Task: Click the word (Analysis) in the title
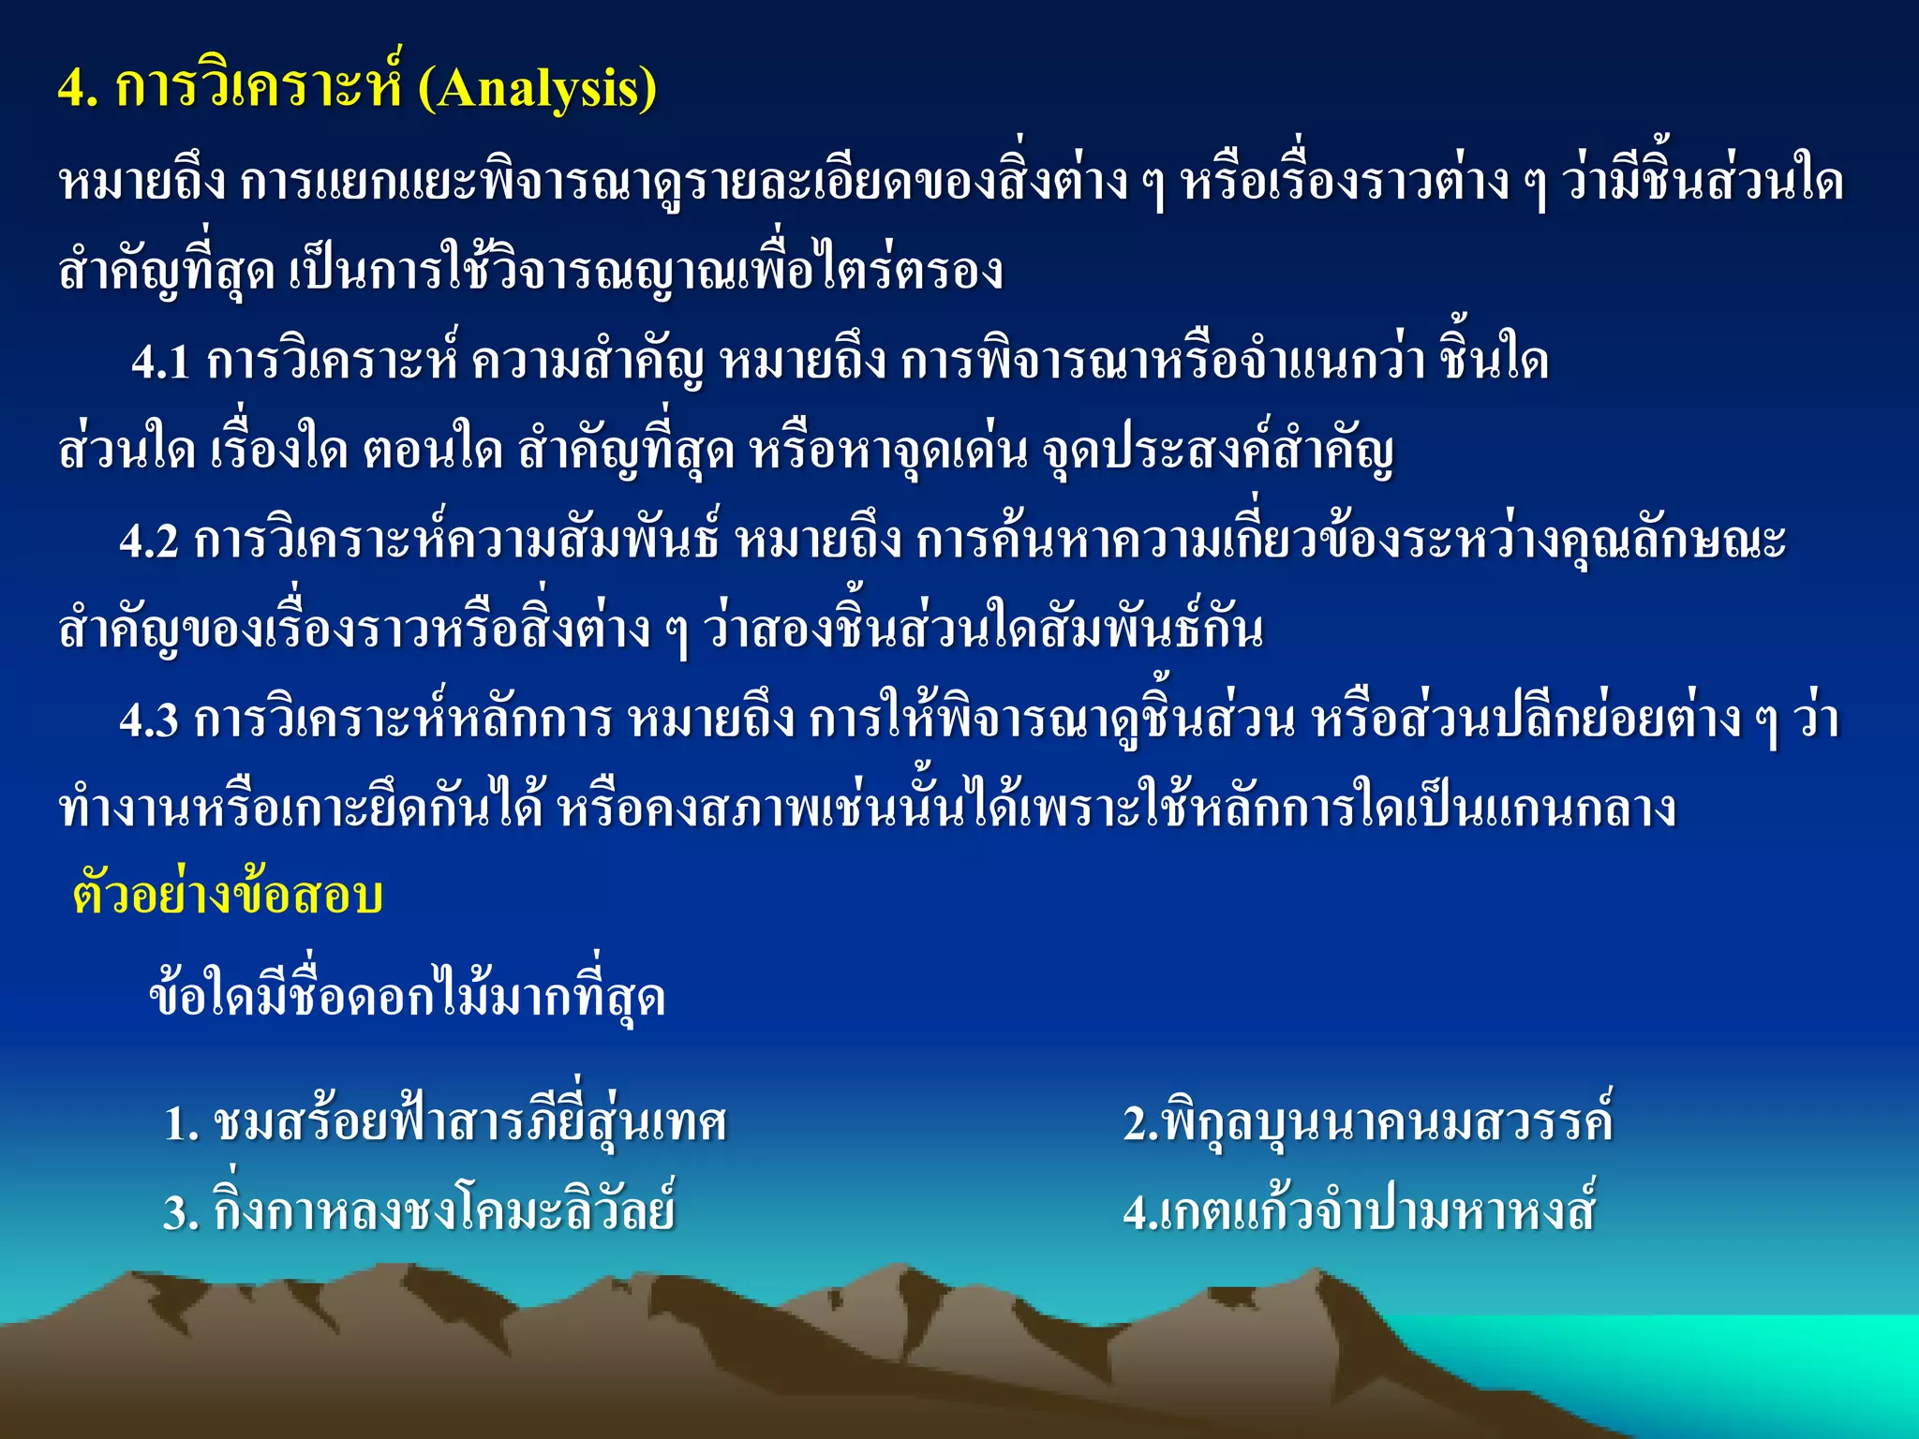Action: coord(537,90)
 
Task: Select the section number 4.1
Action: coord(161,362)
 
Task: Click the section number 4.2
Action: coord(149,541)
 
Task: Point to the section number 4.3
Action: coord(149,720)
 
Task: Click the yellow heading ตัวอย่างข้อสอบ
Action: coord(228,896)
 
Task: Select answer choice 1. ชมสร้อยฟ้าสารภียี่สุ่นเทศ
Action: coord(445,1123)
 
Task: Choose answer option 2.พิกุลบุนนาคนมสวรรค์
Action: coord(1368,1123)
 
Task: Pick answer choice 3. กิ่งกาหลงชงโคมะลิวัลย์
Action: coord(419,1212)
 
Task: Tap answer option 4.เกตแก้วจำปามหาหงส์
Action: coord(1359,1212)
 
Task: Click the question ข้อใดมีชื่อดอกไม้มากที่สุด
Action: coord(408,997)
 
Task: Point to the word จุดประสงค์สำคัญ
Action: coord(1218,452)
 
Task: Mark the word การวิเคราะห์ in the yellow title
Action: coord(258,90)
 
